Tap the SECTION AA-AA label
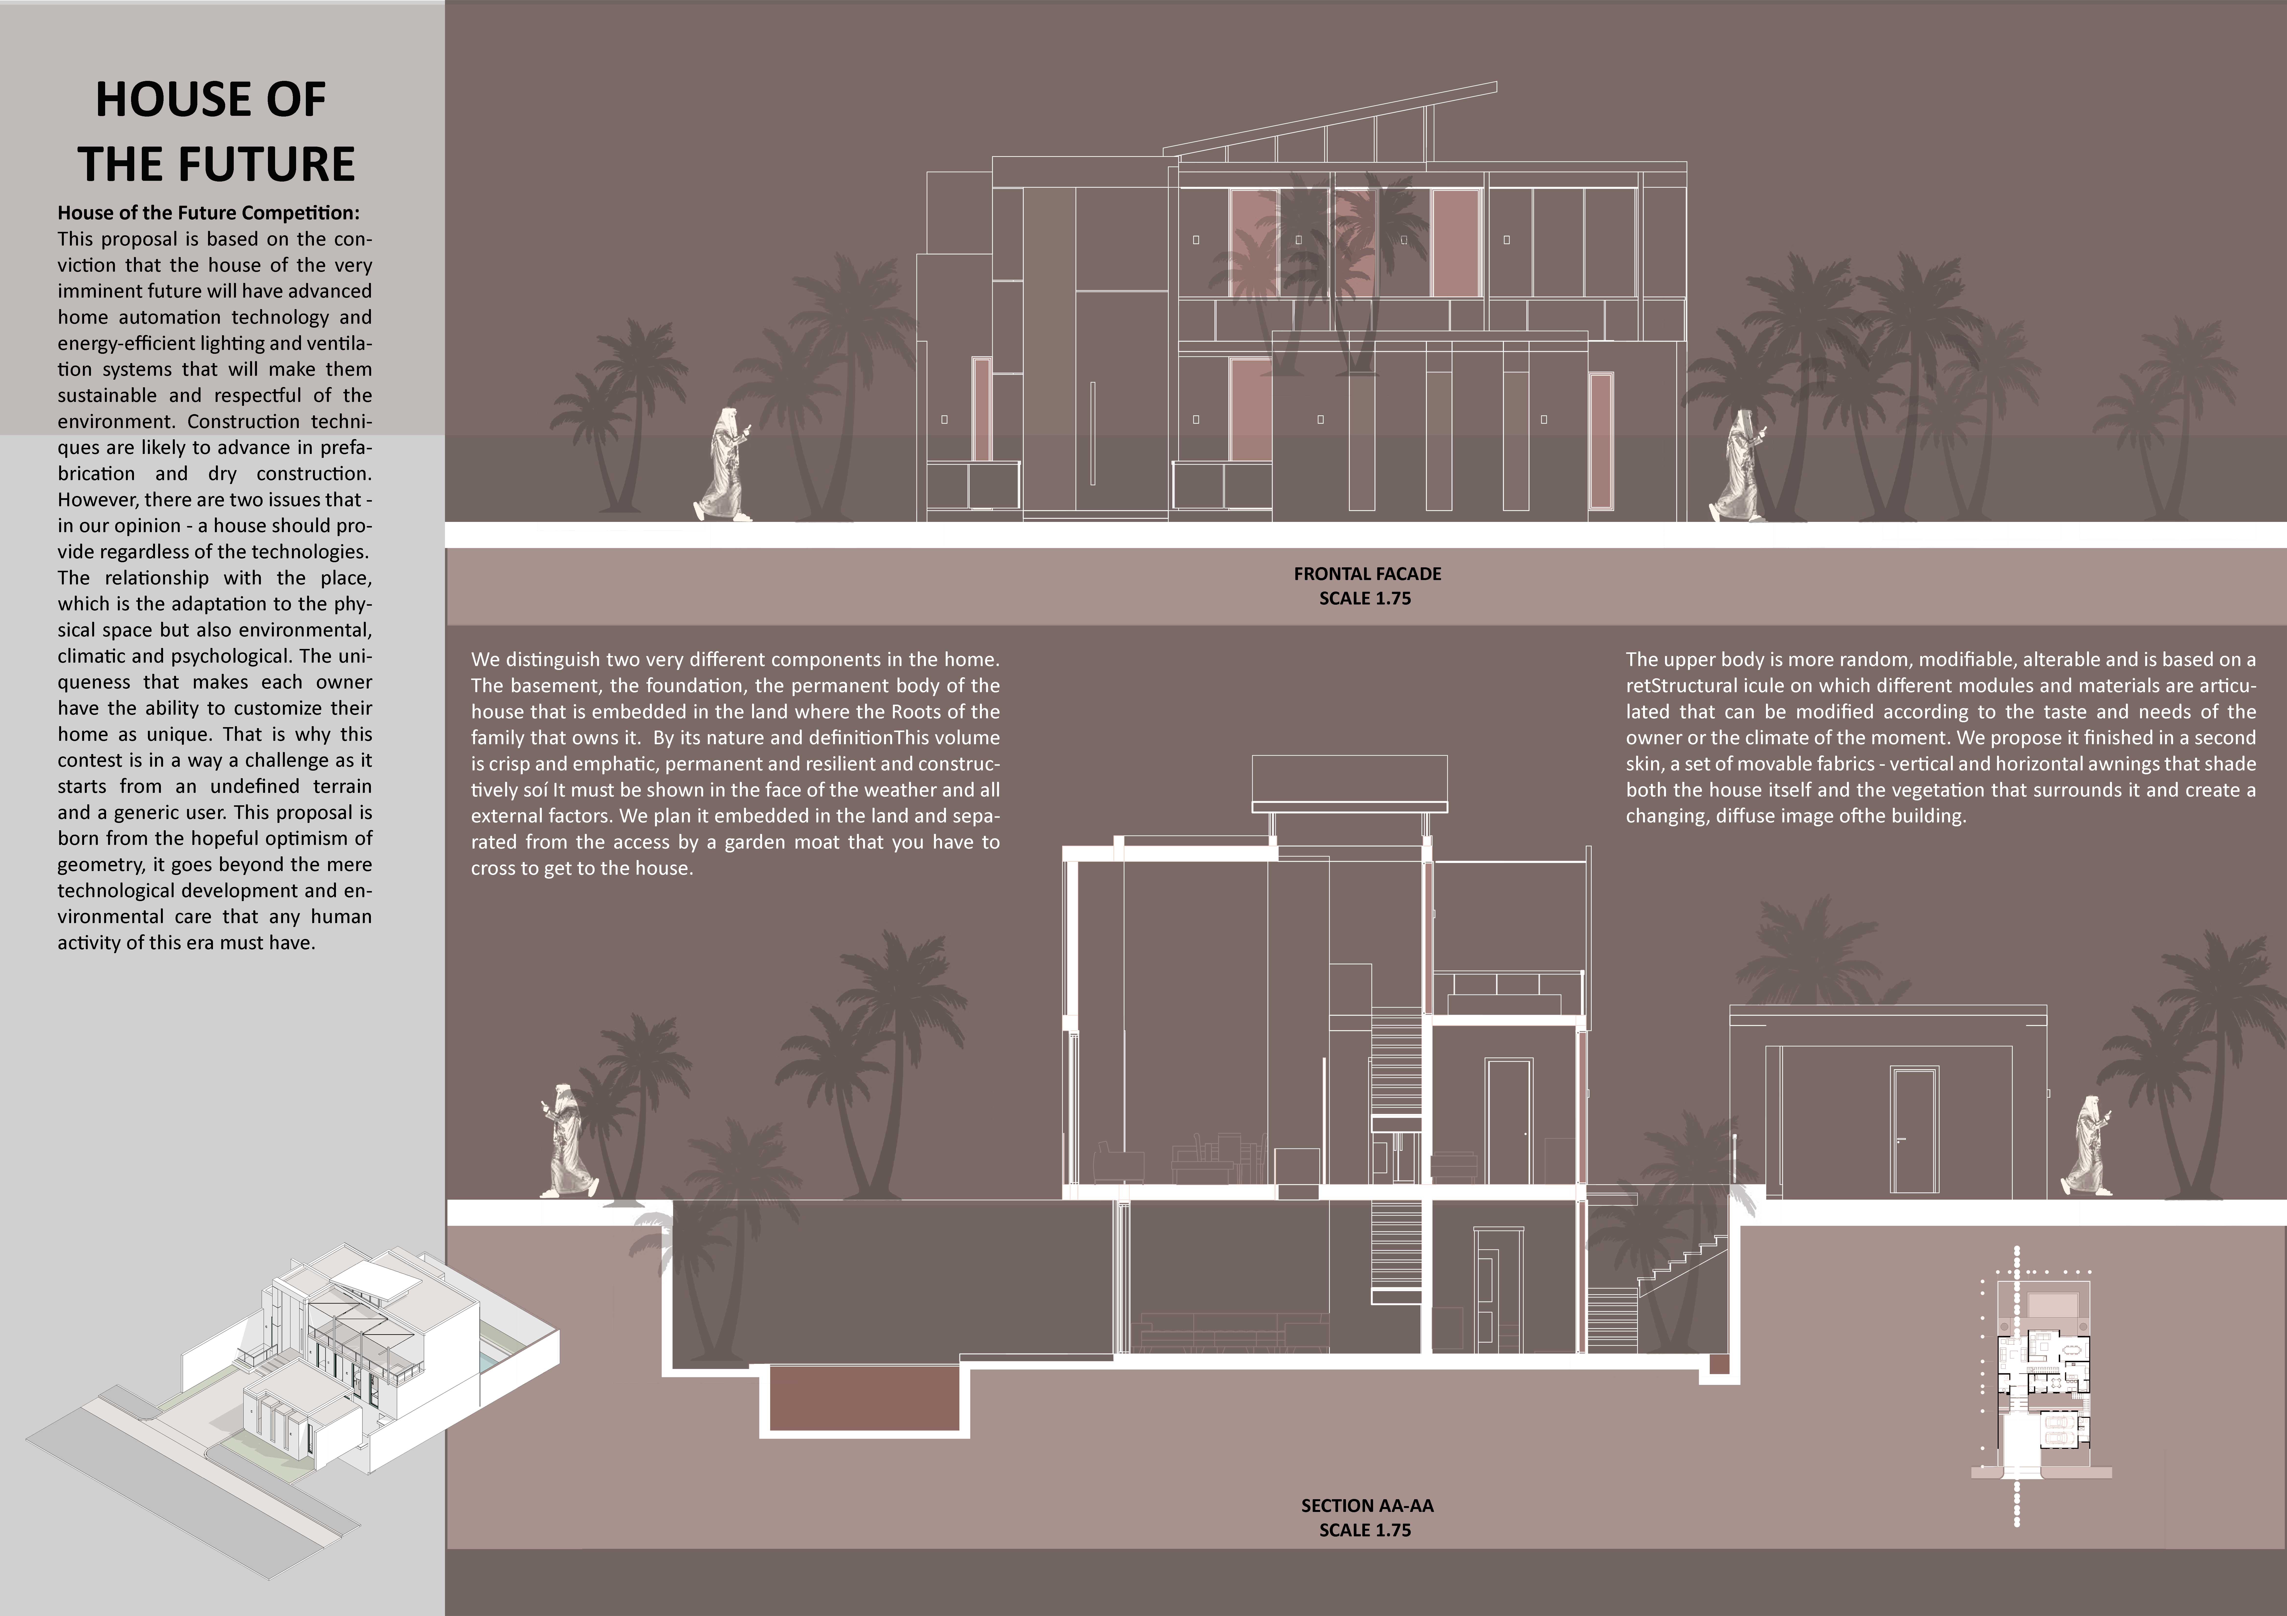(x=1367, y=1506)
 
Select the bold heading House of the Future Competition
(x=208, y=213)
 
